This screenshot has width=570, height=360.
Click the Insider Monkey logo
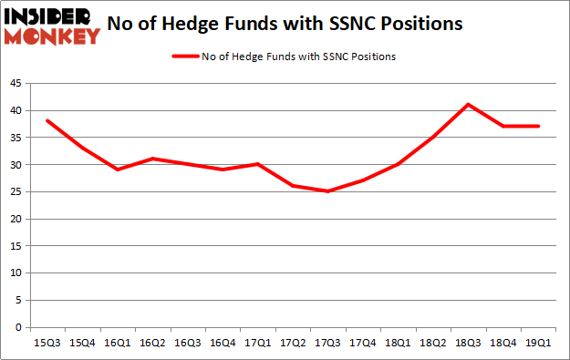[x=52, y=26]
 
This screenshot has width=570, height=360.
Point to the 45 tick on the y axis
[x=16, y=84]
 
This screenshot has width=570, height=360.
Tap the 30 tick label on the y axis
[x=16, y=165]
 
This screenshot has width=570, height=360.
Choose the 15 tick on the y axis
[x=16, y=246]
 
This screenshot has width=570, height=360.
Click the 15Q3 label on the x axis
[x=47, y=344]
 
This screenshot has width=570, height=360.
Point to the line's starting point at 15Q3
[x=47, y=121]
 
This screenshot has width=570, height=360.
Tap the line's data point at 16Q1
[x=119, y=170]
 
